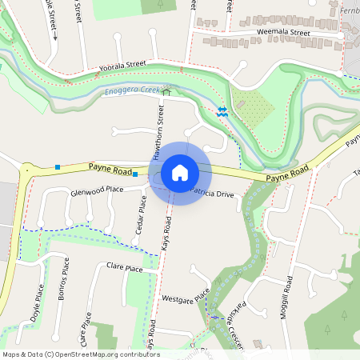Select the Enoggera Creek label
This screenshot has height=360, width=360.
coord(132,90)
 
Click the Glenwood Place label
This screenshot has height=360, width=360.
coord(97,191)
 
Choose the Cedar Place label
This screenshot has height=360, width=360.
coord(141,218)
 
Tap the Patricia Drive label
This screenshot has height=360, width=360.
coord(212,194)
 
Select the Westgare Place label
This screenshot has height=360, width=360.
coord(185,298)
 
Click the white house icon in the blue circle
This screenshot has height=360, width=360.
coord(180,172)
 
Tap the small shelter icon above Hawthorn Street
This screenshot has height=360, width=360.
coord(167,92)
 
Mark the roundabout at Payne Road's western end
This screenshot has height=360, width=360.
coord(28,170)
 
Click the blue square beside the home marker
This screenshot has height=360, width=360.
coord(135,174)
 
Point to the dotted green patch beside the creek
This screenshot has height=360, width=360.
coord(256,108)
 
